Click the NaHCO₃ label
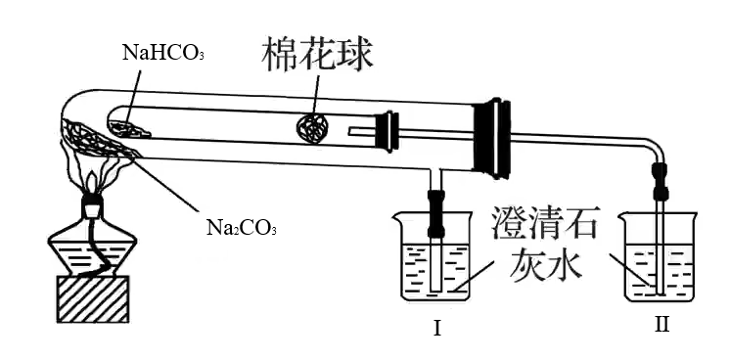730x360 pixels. click(163, 53)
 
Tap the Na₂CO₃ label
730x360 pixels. click(242, 228)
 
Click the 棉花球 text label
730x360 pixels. click(317, 56)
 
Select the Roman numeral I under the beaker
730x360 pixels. click(436, 329)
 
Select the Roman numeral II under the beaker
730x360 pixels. click(662, 324)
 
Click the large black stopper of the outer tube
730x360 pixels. click(491, 139)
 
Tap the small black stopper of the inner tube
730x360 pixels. click(388, 132)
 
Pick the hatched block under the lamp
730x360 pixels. click(93, 299)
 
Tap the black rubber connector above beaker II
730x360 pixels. click(660, 181)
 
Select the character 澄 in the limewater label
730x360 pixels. click(510, 226)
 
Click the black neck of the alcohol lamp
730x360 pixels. click(92, 203)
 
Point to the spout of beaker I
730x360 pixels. click(396, 215)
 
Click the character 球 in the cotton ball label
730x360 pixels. click(355, 56)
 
